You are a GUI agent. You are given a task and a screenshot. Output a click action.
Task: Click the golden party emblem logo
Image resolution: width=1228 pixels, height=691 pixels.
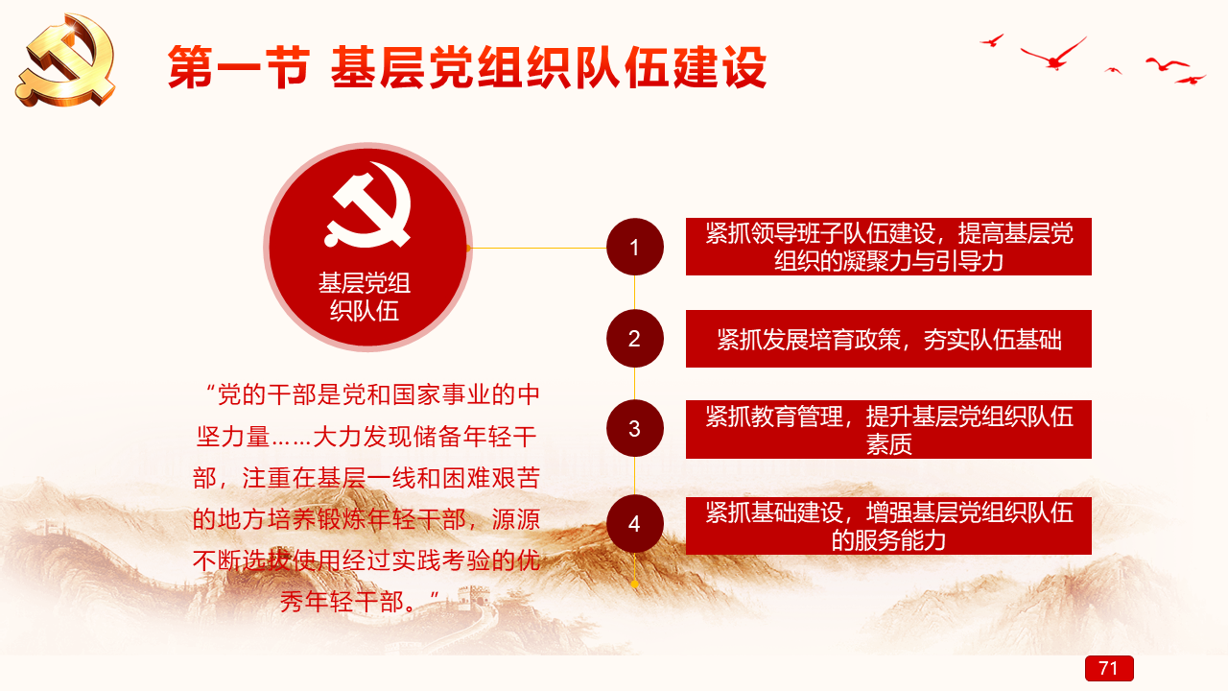pos(66,60)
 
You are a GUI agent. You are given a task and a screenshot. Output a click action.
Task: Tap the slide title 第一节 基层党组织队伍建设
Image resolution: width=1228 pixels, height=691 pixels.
pos(467,67)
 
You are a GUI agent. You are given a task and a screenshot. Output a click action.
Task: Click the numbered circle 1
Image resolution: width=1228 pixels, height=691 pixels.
pos(635,247)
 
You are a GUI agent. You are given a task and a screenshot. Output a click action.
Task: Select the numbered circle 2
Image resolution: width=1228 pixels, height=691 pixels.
pos(635,339)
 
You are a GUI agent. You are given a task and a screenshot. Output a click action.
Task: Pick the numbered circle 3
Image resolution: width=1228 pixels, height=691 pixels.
pos(635,428)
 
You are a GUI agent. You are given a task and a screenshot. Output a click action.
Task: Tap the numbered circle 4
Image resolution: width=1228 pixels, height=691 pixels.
pos(635,524)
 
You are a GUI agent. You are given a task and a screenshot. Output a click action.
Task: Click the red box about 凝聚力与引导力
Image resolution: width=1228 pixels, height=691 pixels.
pos(888,247)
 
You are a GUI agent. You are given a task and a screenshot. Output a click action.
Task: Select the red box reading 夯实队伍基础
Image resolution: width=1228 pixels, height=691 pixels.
pos(888,339)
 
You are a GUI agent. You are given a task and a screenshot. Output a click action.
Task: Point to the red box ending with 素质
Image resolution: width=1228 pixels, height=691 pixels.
pos(888,429)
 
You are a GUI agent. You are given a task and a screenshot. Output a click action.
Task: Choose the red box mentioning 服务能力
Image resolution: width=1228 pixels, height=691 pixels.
pos(888,526)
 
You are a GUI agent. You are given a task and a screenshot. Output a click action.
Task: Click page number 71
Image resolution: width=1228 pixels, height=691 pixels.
pos(1109,668)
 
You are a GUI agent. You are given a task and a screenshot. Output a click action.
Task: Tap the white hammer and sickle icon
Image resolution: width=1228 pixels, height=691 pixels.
pos(367,205)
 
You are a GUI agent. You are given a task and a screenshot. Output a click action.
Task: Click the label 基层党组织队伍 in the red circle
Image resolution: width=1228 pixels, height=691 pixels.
pos(365,297)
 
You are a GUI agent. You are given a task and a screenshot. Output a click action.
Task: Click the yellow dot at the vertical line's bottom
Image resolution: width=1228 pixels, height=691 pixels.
pos(635,584)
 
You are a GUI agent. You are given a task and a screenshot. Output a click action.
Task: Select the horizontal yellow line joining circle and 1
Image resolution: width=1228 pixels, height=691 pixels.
pos(538,248)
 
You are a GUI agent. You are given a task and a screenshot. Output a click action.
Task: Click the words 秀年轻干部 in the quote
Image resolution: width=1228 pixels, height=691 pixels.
pos(342,602)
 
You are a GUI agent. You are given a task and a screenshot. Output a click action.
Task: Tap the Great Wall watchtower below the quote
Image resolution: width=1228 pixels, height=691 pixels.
pos(470,598)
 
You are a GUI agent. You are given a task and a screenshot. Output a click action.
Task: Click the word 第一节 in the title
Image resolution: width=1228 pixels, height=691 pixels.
pos(239,67)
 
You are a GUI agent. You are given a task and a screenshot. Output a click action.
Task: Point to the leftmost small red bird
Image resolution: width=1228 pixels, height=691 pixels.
pos(992,40)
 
